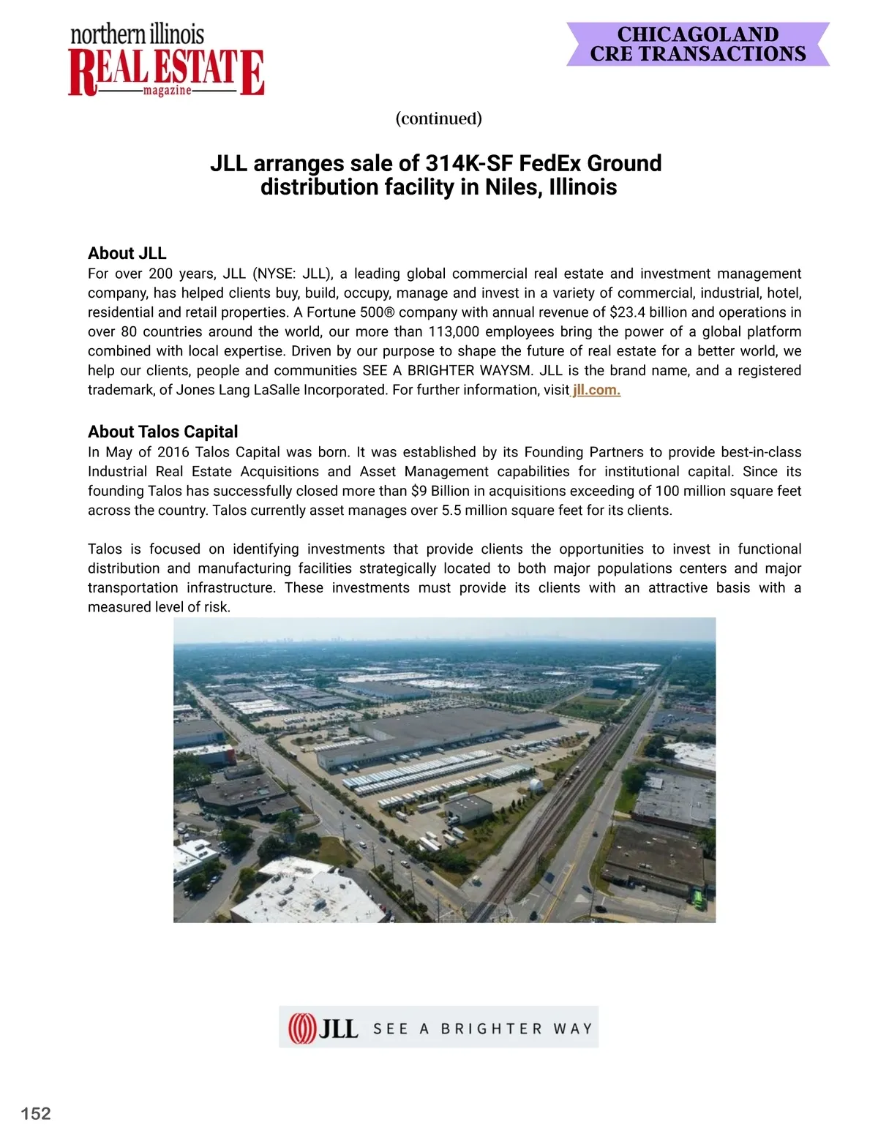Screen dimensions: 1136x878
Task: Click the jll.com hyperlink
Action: (x=596, y=390)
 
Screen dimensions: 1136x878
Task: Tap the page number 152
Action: (x=36, y=1113)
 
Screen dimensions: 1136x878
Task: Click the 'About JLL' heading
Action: (x=127, y=253)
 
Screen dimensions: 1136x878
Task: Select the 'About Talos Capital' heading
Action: (x=163, y=432)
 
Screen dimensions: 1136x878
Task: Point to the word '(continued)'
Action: (x=439, y=119)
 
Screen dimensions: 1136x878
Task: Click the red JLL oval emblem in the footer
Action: (x=301, y=1028)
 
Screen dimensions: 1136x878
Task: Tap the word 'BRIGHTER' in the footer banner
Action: (x=492, y=1028)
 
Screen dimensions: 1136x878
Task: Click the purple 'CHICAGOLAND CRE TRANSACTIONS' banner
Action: (x=698, y=45)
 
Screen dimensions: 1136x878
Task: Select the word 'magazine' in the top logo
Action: (x=168, y=90)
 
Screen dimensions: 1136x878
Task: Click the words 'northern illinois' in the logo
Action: (x=138, y=34)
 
